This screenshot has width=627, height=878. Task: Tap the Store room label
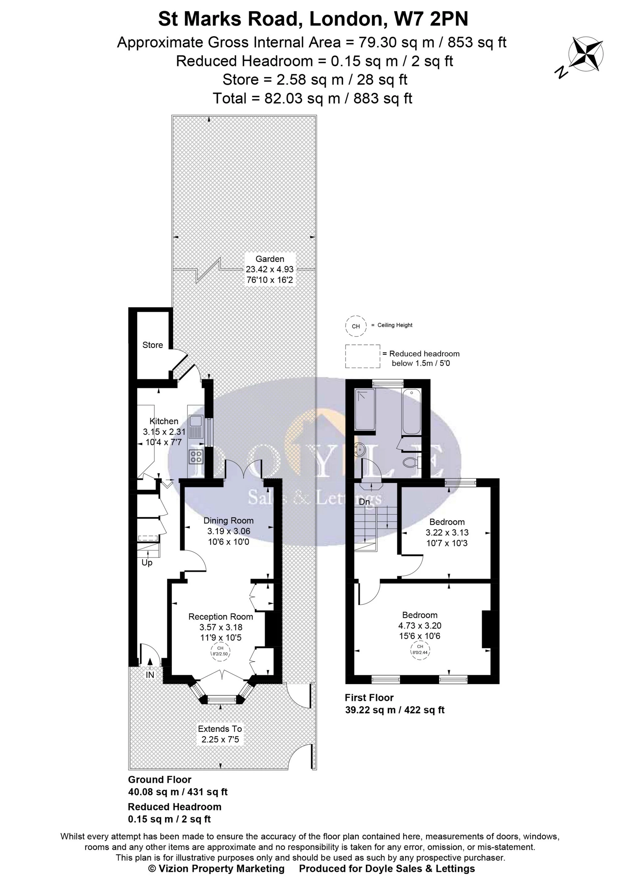click(x=153, y=345)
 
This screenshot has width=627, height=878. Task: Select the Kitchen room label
click(x=164, y=421)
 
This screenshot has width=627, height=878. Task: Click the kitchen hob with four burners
click(x=196, y=457)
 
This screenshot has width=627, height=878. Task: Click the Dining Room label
click(x=229, y=520)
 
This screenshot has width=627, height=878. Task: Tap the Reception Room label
click(x=220, y=617)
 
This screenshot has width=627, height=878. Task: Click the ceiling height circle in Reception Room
click(x=220, y=651)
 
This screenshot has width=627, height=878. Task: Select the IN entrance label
click(x=150, y=675)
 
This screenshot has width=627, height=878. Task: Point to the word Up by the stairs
click(x=147, y=563)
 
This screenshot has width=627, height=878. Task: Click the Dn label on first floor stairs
click(x=364, y=502)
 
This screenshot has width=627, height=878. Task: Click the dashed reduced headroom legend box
click(x=363, y=356)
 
